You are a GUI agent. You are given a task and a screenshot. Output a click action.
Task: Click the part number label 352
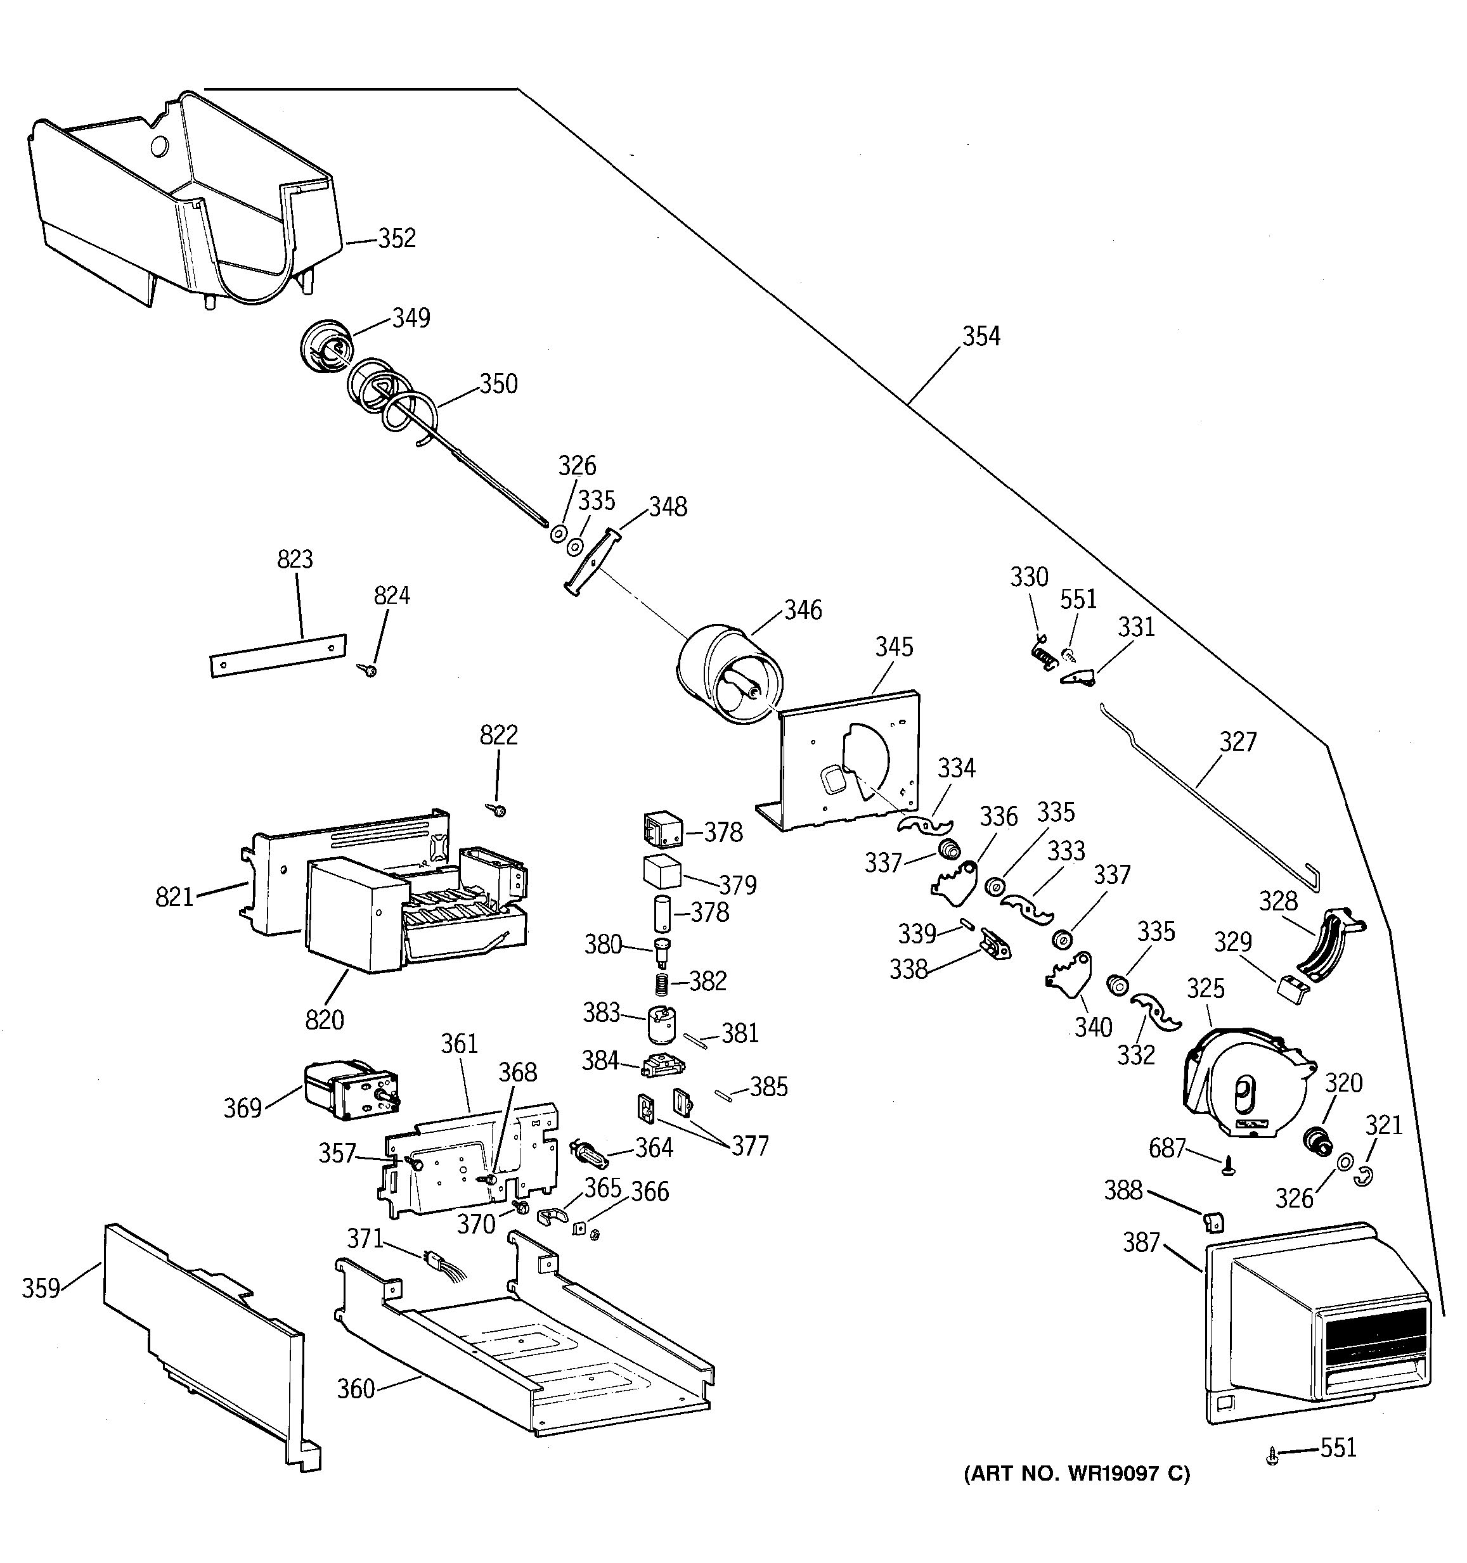[x=396, y=238]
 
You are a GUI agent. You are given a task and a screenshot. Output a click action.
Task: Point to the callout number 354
[x=981, y=336]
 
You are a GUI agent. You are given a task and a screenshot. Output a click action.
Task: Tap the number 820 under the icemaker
[x=324, y=1020]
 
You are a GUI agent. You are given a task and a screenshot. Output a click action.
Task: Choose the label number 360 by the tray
[x=356, y=1389]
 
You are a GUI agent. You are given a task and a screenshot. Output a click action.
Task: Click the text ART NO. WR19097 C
[x=1077, y=1474]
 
